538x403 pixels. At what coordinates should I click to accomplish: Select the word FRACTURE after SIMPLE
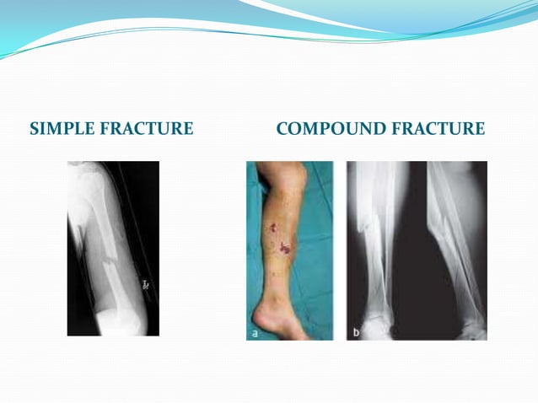[x=147, y=129]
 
